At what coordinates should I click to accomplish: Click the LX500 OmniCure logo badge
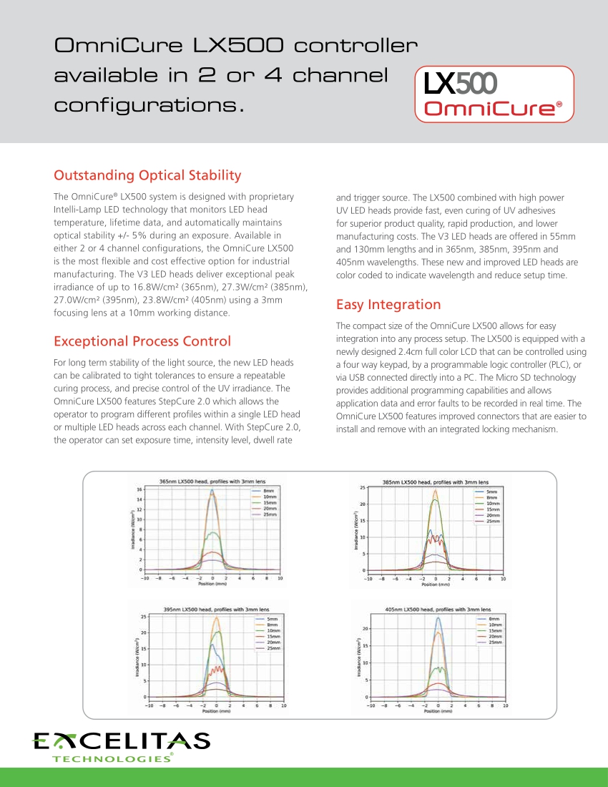[x=494, y=93]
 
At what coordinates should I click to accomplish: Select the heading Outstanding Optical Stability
[x=148, y=175]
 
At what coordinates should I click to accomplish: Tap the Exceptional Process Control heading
[x=142, y=341]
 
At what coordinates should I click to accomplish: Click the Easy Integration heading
[x=388, y=305]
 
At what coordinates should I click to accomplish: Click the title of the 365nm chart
[x=212, y=482]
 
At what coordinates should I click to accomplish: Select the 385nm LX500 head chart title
[x=436, y=482]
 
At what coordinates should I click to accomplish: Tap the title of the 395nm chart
[x=216, y=609]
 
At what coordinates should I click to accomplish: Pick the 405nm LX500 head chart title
[x=438, y=610]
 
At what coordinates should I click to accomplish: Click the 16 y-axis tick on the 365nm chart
[x=139, y=489]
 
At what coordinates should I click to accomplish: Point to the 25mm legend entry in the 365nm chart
[x=270, y=515]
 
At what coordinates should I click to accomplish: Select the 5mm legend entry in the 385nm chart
[x=492, y=492]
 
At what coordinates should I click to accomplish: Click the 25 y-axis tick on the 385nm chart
[x=363, y=488]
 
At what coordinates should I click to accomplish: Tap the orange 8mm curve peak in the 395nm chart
[x=216, y=618]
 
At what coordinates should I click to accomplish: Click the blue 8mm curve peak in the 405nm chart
[x=438, y=618]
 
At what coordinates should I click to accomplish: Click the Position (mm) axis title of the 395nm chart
[x=216, y=712]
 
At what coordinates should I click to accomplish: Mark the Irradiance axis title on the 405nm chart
[x=358, y=659]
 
